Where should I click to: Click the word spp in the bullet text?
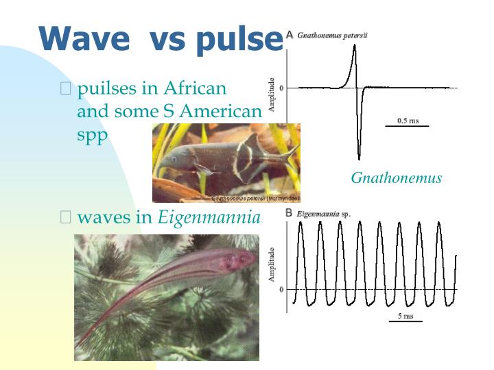click(x=93, y=135)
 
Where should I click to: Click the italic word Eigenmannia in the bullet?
click(x=209, y=218)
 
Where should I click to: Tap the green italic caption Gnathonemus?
click(x=396, y=178)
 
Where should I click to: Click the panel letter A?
click(x=290, y=34)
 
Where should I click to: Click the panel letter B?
click(x=290, y=213)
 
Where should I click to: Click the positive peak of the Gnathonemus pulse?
click(x=354, y=45)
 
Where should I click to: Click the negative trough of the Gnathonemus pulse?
click(x=359, y=158)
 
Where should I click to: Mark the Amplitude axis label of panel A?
click(x=272, y=93)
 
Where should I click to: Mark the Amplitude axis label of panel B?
click(x=272, y=264)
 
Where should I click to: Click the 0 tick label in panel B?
click(x=281, y=290)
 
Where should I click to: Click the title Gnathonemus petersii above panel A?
click(x=332, y=35)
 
